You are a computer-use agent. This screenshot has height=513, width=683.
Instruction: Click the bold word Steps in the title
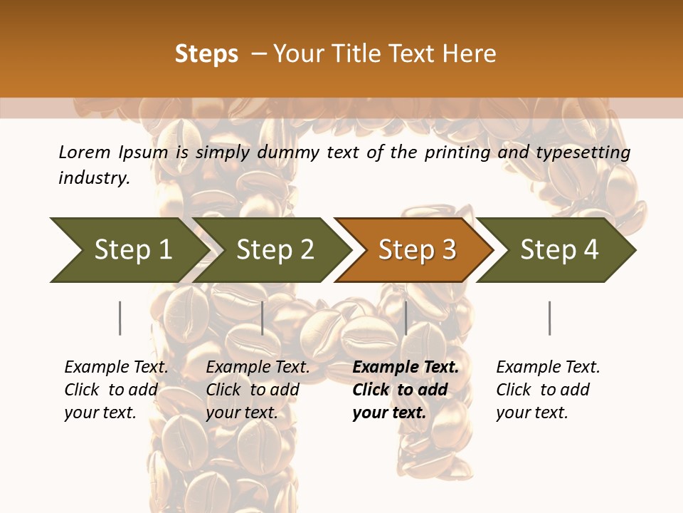click(206, 54)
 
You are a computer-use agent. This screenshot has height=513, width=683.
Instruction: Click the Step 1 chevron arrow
click(128, 250)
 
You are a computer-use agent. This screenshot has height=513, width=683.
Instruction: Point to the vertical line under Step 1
click(120, 318)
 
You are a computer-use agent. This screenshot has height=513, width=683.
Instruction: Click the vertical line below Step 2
click(263, 318)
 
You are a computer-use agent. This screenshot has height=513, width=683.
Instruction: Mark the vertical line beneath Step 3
click(406, 318)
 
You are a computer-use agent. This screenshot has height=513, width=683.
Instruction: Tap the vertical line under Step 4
click(549, 318)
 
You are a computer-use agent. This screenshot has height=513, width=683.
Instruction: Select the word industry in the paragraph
click(94, 178)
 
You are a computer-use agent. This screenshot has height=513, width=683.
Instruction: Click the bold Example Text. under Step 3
click(406, 368)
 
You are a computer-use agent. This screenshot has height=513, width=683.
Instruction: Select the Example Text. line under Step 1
click(116, 368)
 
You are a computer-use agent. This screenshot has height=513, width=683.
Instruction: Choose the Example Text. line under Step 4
click(548, 368)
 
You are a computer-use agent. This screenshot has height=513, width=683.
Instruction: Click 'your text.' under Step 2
click(242, 413)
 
